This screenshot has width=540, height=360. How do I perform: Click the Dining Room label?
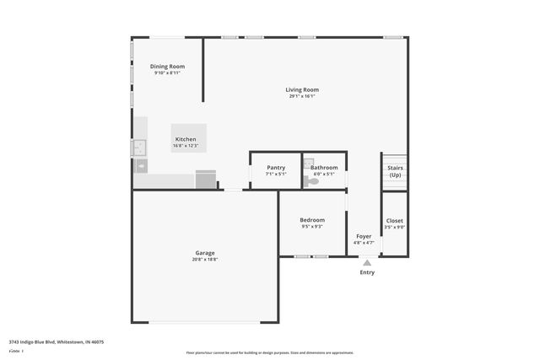click(167, 67)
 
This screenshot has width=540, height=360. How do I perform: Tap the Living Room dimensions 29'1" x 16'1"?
click(302, 96)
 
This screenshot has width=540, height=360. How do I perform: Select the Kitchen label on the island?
click(186, 139)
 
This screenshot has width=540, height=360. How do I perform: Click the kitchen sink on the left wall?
click(138, 148)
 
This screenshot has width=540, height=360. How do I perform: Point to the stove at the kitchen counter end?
click(206, 180)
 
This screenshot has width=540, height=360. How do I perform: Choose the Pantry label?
click(276, 168)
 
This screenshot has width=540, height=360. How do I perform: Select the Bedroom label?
click(312, 220)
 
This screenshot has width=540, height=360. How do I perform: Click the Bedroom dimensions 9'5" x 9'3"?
click(312, 227)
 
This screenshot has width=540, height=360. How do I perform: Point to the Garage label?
click(205, 253)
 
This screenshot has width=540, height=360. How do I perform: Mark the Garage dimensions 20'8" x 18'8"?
click(205, 260)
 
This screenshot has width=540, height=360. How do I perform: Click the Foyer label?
click(364, 237)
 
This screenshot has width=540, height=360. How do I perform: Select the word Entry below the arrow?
click(367, 272)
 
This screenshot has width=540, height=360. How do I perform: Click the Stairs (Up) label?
click(395, 171)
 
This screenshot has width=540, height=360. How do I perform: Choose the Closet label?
click(395, 221)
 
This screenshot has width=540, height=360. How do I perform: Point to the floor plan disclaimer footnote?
click(269, 352)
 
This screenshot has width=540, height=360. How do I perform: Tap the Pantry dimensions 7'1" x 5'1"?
click(276, 175)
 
